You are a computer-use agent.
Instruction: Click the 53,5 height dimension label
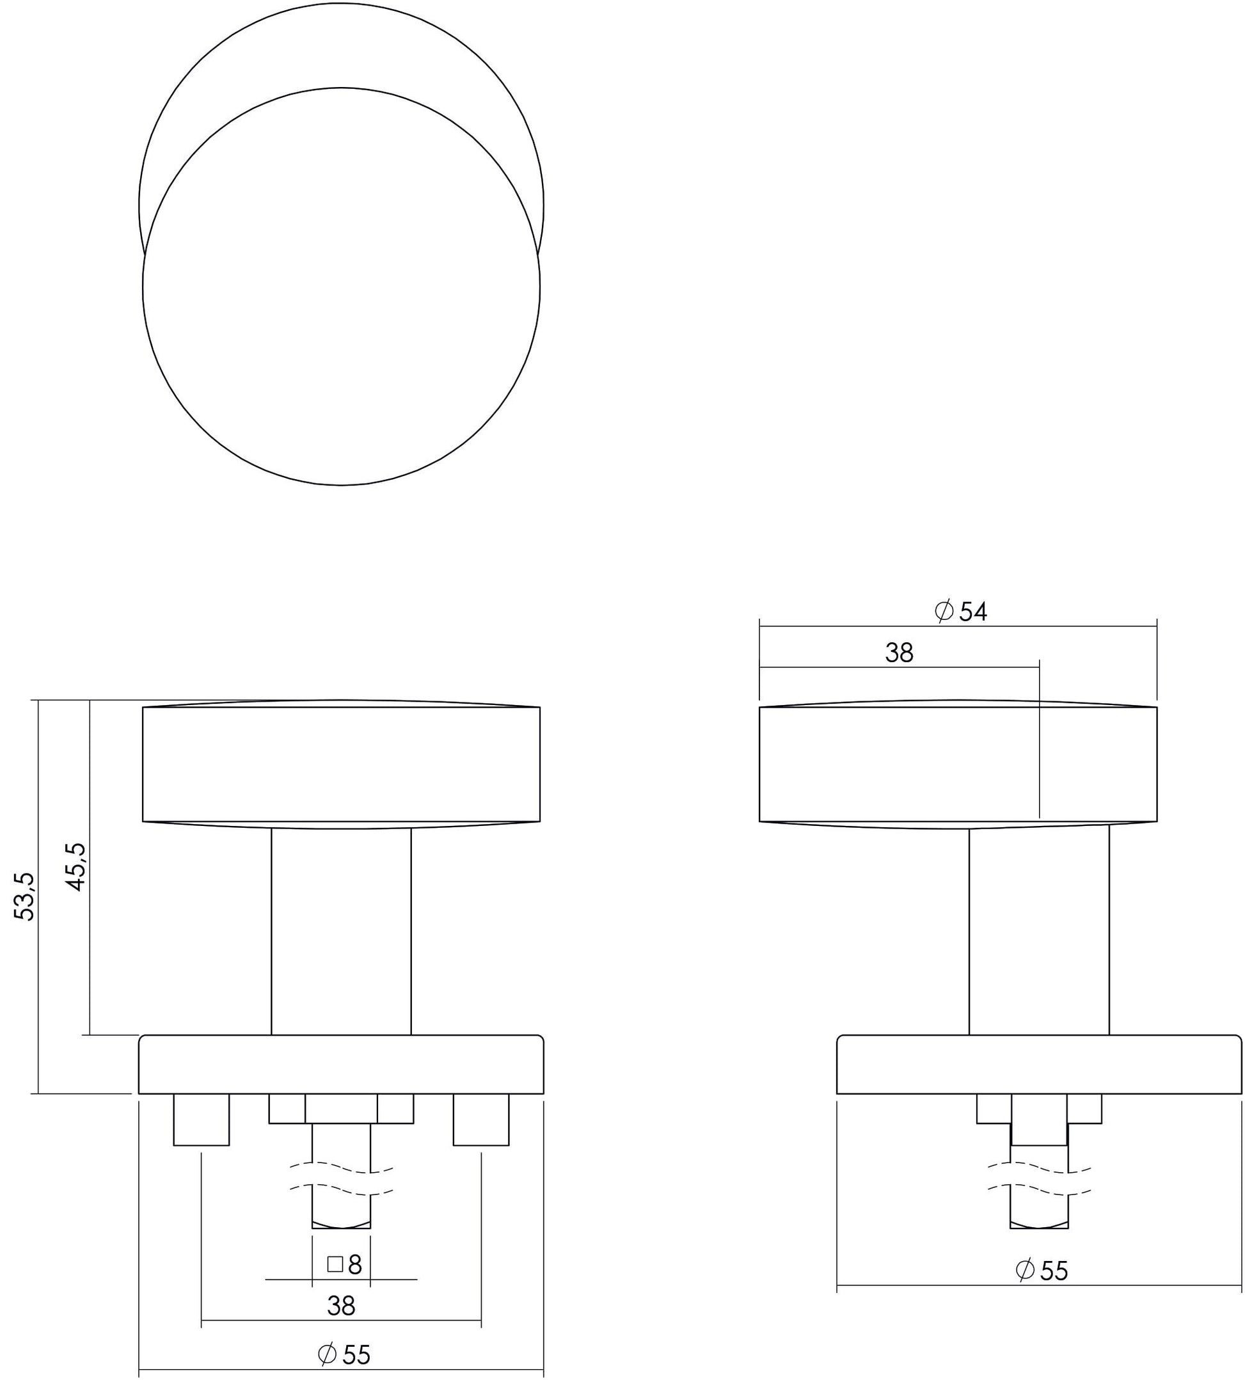click(26, 896)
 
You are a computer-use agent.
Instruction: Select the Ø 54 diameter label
click(960, 612)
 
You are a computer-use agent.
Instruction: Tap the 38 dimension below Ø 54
click(899, 653)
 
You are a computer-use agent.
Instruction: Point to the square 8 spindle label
click(345, 1264)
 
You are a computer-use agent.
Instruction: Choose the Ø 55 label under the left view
click(344, 1354)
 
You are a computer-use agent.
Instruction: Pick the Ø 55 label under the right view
click(1041, 1271)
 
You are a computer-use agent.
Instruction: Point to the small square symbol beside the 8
click(335, 1264)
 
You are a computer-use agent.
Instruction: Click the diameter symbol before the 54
click(944, 611)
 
